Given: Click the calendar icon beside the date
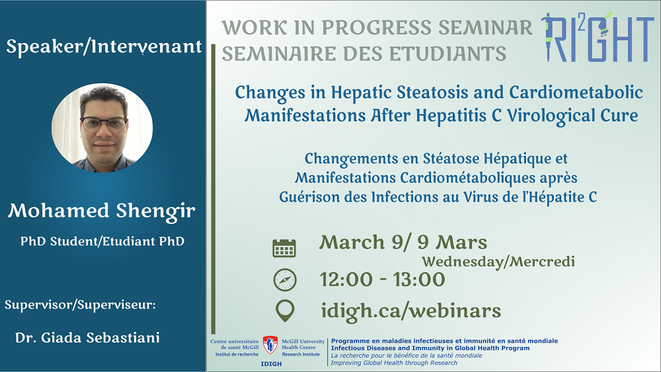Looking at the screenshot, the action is [x=284, y=248].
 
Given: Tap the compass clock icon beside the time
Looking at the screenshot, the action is [x=285, y=279].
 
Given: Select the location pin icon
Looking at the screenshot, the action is [x=285, y=311].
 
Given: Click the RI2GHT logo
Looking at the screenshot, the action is [x=597, y=37].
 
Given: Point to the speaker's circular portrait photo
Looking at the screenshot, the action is [x=102, y=128].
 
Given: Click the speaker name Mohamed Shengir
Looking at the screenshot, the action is [x=102, y=211].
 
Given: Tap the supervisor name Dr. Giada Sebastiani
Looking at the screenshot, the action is [x=87, y=338].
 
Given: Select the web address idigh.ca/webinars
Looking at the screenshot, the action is [x=411, y=311].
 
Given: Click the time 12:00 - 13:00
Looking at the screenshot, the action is [x=382, y=279].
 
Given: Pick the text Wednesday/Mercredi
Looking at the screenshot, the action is [x=498, y=262].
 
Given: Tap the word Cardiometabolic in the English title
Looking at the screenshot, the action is [x=576, y=93].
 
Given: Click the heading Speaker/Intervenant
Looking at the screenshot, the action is [x=104, y=47].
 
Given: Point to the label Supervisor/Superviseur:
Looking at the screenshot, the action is [x=80, y=305].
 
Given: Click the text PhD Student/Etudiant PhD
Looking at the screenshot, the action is [x=102, y=241].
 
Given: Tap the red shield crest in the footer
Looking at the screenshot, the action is [x=270, y=345].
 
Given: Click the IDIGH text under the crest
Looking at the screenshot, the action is [x=271, y=363].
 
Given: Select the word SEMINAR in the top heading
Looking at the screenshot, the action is [x=485, y=27].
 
